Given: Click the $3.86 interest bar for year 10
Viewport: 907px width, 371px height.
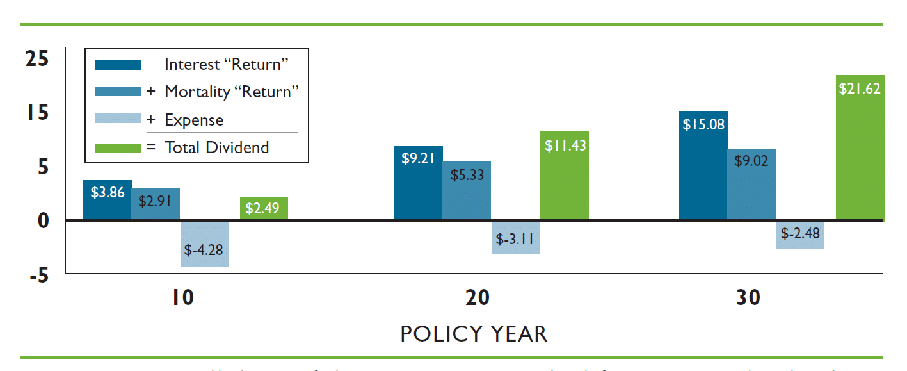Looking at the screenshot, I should (107, 200).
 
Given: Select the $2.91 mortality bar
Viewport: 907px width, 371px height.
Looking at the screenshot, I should (156, 204).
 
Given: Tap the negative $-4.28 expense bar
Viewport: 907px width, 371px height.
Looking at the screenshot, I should (205, 243).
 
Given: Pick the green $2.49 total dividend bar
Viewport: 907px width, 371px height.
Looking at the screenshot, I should (264, 208).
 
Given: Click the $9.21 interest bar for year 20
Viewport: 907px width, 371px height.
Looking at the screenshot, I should (418, 183).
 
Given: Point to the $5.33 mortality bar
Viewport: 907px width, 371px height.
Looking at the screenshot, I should (467, 191).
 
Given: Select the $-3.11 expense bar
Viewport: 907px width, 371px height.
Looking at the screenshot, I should (515, 238).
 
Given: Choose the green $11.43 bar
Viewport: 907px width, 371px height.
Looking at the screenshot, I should (564, 176).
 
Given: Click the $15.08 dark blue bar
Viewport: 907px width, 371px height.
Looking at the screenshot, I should (703, 165).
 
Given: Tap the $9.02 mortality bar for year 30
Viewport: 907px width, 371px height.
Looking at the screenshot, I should (751, 185).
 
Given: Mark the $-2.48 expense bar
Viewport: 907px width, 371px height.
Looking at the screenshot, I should (800, 235).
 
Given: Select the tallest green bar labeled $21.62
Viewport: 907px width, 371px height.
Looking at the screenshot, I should (860, 147).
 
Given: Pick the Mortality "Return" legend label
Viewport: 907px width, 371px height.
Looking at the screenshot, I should (232, 92).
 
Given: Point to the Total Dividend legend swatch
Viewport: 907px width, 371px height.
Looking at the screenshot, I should (118, 148).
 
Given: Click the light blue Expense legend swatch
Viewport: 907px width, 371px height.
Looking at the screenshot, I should (118, 120).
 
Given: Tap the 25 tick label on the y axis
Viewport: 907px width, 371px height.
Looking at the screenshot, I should (36, 59).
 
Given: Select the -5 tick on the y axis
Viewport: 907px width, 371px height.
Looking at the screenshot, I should (38, 276).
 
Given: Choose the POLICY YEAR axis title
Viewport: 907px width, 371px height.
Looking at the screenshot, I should (474, 334).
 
